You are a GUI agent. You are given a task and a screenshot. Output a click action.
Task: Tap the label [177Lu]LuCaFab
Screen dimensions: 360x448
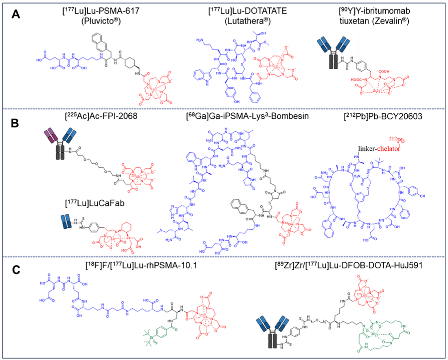point(85,198)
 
